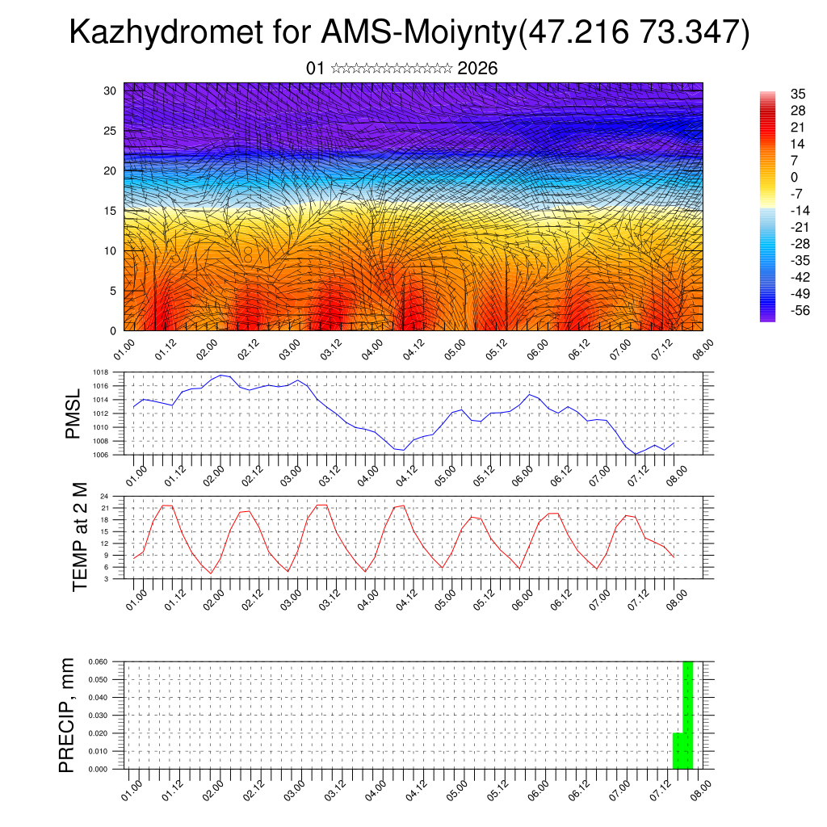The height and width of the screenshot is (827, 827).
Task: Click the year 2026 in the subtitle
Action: pyautogui.click(x=477, y=69)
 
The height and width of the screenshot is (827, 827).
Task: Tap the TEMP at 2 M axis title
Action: pyautogui.click(x=79, y=537)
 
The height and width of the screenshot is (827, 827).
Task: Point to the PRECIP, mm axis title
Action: pyautogui.click(x=68, y=715)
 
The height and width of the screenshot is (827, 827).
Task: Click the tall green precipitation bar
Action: pyautogui.click(x=687, y=715)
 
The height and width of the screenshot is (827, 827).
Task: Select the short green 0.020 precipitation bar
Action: pyautogui.click(x=678, y=750)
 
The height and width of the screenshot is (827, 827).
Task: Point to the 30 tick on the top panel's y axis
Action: pyautogui.click(x=109, y=90)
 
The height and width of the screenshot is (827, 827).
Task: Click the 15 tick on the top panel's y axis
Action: pyautogui.click(x=109, y=211)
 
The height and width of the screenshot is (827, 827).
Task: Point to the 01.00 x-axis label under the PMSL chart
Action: pyautogui.click(x=136, y=472)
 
